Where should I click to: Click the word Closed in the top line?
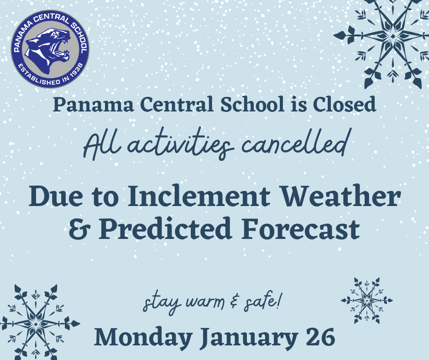tap(345, 105)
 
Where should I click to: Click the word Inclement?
tap(199, 196)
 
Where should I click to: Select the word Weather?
tap(341, 196)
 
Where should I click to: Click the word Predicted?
tap(166, 228)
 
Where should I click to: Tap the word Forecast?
tap(300, 228)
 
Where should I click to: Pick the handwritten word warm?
tap(205, 302)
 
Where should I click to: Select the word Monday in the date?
tap(143, 338)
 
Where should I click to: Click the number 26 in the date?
tap(320, 337)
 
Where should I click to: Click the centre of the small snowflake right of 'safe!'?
tap(367, 301)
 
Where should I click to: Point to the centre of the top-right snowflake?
tap(392, 37)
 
